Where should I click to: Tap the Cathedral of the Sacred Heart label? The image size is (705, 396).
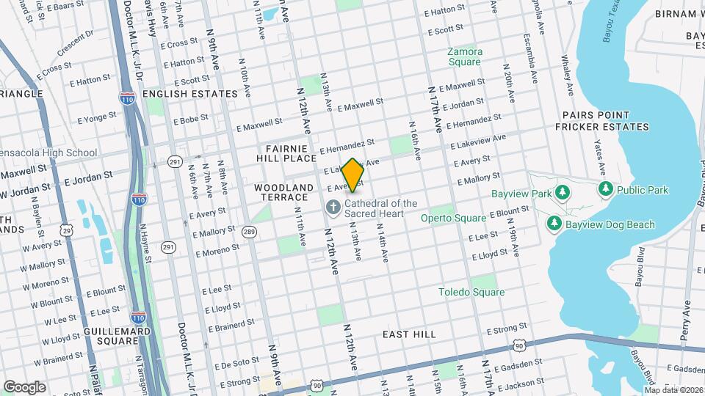click(380, 208)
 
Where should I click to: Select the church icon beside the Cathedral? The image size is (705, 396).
click(333, 208)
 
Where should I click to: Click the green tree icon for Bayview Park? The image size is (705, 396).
click(563, 192)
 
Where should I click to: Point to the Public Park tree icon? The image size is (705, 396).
click(605, 190)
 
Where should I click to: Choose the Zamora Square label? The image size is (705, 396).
click(466, 57)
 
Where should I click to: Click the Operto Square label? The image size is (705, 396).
click(453, 218)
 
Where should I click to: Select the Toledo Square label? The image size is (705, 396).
click(471, 292)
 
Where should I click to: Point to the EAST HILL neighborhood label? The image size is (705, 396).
click(409, 334)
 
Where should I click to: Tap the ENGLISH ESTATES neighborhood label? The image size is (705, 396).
click(190, 94)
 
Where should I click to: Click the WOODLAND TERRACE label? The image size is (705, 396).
click(281, 193)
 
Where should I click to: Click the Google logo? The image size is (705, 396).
click(24, 386)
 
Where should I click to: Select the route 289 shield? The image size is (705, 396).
click(250, 232)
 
